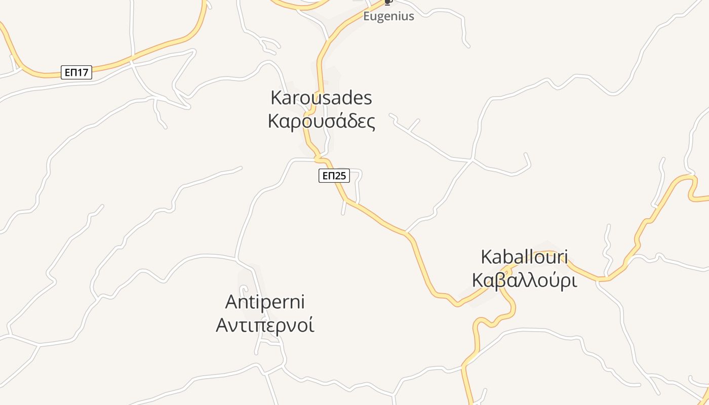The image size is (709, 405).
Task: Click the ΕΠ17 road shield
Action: pos(76,72)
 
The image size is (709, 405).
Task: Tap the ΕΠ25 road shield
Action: pos(334,176)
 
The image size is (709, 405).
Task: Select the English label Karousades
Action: pos(321,98)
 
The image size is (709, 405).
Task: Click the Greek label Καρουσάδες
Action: pos(321,121)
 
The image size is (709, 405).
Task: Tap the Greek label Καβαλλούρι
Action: pos(524,280)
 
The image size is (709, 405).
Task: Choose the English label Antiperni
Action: pos(265,302)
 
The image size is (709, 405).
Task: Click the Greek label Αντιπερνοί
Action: pos(265,325)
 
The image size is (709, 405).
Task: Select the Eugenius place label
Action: pos(388,16)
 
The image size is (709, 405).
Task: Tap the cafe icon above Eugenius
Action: pos(388,2)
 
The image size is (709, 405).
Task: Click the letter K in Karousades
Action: pos(277,98)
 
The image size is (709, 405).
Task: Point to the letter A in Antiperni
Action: pos(231,302)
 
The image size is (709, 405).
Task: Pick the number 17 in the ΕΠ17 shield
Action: pos(83,72)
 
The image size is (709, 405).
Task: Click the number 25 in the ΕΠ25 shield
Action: pos(340,176)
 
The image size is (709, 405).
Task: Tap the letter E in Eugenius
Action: pos(367,16)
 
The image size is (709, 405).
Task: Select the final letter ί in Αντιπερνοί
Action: pos(311,325)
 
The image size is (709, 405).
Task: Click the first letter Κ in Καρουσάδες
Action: pos(273,121)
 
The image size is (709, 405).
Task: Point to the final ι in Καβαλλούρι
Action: pos(574,280)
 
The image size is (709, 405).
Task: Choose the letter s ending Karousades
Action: pos(368,98)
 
